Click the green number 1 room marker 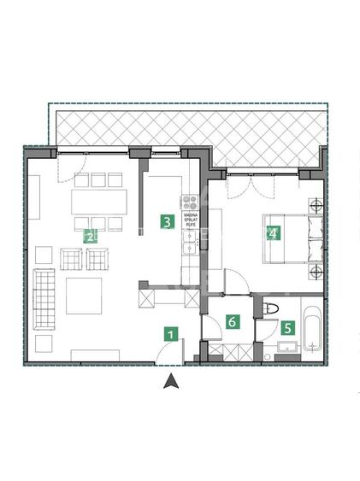click(171, 335)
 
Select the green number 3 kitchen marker click(168, 222)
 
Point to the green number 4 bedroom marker click(273, 232)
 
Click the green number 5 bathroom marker click(288, 326)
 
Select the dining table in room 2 click(101, 202)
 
